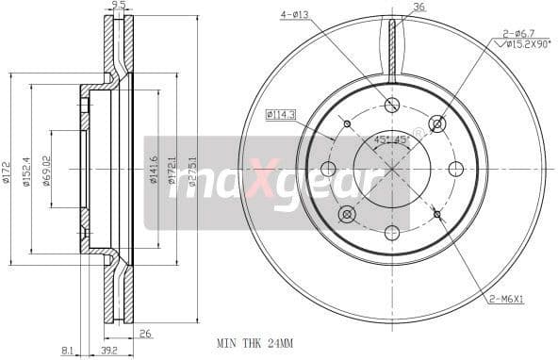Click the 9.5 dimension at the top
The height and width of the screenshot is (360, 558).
click(118, 6)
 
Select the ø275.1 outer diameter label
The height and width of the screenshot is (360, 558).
click(191, 172)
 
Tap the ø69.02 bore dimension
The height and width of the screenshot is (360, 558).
click(44, 170)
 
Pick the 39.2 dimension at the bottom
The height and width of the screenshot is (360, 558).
click(108, 351)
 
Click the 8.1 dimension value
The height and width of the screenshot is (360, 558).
click(67, 351)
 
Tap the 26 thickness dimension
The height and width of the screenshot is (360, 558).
click(145, 333)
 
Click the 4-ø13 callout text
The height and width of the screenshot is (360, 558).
click(294, 14)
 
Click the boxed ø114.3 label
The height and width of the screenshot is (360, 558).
click(281, 114)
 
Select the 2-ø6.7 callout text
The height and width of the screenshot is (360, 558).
click(516, 32)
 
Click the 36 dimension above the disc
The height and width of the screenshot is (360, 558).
click(418, 7)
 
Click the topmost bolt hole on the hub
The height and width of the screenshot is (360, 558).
click(392, 105)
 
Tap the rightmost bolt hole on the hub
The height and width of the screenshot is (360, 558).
click(456, 169)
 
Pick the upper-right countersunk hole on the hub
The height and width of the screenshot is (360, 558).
click(437, 123)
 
